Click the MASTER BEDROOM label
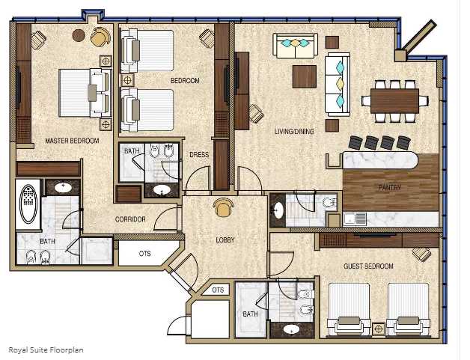pyautogui.click(x=72, y=141)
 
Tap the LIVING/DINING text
pyautogui.click(x=294, y=131)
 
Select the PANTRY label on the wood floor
pyautogui.click(x=390, y=188)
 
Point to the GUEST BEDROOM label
pyautogui.click(x=368, y=266)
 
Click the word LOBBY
pyautogui.click(x=225, y=240)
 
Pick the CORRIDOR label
pyautogui.click(x=130, y=219)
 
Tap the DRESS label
pyautogui.click(x=199, y=155)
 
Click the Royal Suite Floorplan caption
pyautogui.click(x=46, y=350)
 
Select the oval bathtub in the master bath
pyautogui.click(x=28, y=204)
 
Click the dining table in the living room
pyautogui.click(x=394, y=101)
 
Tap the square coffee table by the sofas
pyautogui.click(x=305, y=77)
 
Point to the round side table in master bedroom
pyautogui.click(x=79, y=36)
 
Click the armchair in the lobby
pyautogui.click(x=223, y=207)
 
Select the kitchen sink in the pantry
pyautogui.click(x=355, y=219)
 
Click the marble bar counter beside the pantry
pyautogui.click(x=380, y=159)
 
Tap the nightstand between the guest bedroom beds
pyautogui.click(x=378, y=329)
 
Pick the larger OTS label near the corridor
pyautogui.click(x=144, y=254)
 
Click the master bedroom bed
pyautogui.click(x=85, y=93)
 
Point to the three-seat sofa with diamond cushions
pyautogui.click(x=338, y=85)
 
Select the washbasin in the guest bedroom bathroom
pyautogui.click(x=291, y=329)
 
